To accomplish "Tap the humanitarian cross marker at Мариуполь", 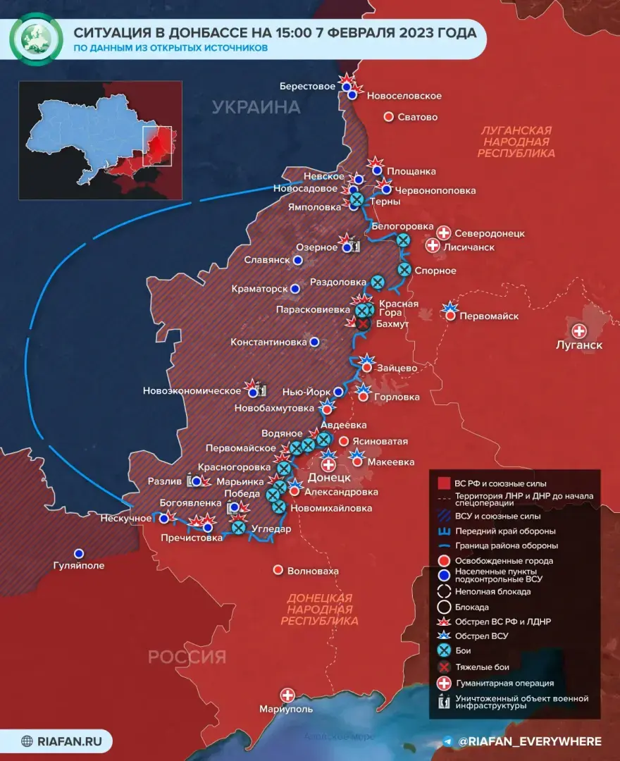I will coord(287,695).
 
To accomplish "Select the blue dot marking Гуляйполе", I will coord(79,553).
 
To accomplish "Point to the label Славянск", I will coord(267,260).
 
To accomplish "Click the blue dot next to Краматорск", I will coord(295,289).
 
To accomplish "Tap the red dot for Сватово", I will coord(387,117).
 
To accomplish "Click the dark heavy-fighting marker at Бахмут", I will coord(363,323).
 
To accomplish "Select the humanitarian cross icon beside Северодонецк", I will coord(444,233).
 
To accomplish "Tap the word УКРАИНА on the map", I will coord(256,108).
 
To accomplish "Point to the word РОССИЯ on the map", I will coord(187,657).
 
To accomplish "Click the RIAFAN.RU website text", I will coord(68,741).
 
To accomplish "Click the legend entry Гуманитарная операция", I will coord(504,683).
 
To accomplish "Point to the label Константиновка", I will coord(268,342).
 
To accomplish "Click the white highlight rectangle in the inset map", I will coord(157,146).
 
